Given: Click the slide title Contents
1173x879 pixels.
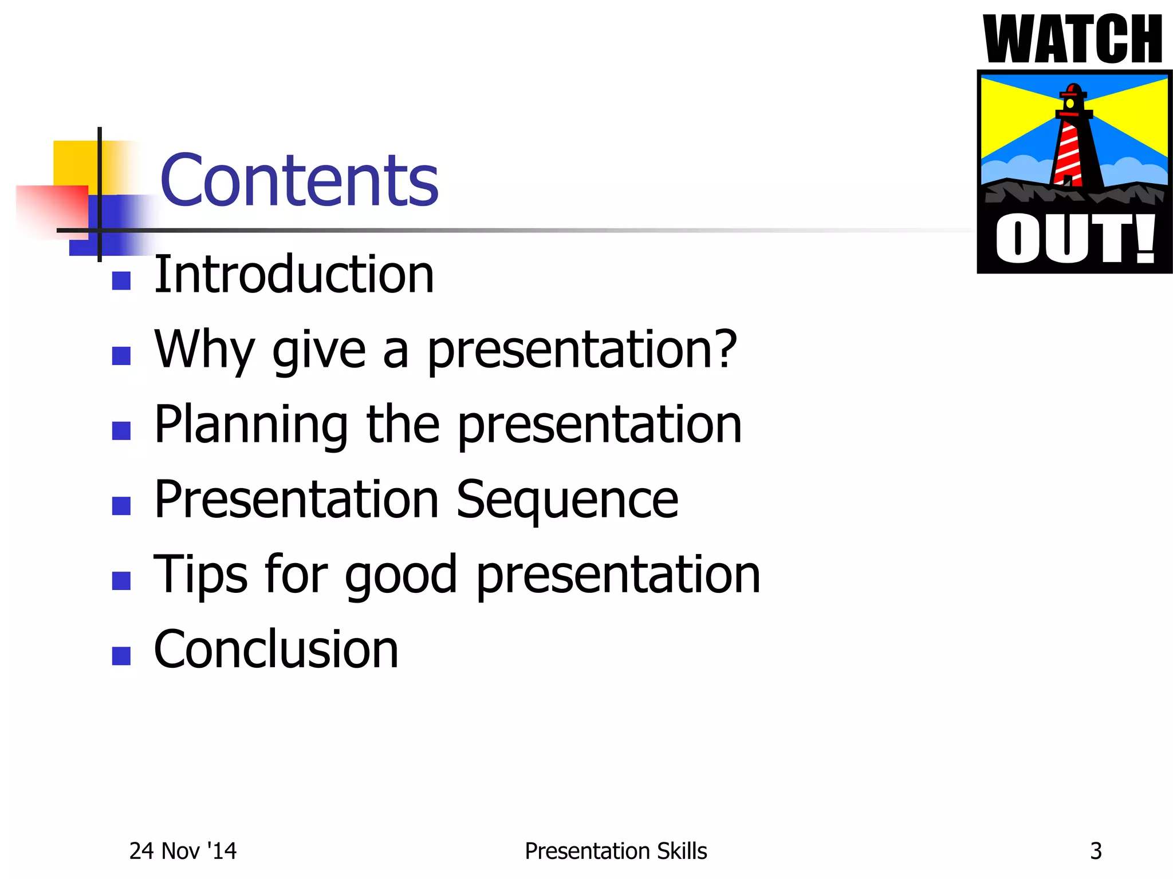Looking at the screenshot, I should tap(299, 180).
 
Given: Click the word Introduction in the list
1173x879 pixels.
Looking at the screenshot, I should tap(294, 275).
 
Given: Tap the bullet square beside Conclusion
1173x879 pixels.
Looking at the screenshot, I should tap(121, 656).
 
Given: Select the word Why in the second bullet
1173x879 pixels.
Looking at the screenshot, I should tap(204, 350).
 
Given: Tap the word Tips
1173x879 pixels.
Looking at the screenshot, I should tap(200, 575).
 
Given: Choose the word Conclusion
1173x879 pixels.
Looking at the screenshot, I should tap(276, 650).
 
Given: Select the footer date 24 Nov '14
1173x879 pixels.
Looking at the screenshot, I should tap(183, 851).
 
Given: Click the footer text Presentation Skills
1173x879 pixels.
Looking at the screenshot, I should tap(616, 851).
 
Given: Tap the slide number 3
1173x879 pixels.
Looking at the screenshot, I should tap(1096, 851).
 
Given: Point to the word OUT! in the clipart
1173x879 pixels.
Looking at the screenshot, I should tap(1075, 239).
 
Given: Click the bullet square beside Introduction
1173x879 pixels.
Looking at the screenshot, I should tap(121, 281).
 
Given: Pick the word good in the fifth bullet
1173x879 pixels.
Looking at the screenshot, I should tap(400, 575).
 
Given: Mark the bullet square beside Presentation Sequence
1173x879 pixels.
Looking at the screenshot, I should tap(121, 506).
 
